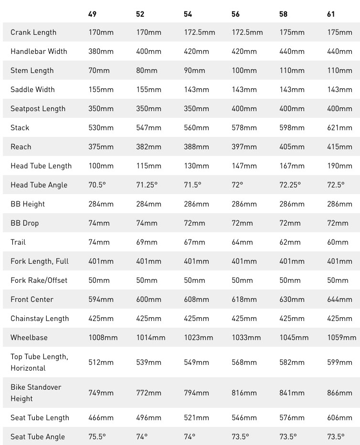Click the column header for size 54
pyautogui.click(x=188, y=14)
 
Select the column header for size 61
pyautogui.click(x=331, y=14)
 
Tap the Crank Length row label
pyautogui.click(x=33, y=32)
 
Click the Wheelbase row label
pyautogui.click(x=29, y=338)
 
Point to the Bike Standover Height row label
pyautogui.click(x=36, y=393)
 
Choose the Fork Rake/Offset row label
pyautogui.click(x=39, y=280)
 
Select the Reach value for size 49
pyautogui.click(x=101, y=147)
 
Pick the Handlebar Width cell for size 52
pyautogui.click(x=148, y=52)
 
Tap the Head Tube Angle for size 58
pyautogui.click(x=290, y=185)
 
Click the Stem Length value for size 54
pyautogui.click(x=194, y=71)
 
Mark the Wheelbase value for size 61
pyautogui.click(x=341, y=338)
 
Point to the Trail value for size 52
pyautogui.click(x=147, y=242)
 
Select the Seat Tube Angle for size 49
pyautogui.click(x=97, y=436)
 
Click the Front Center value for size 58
pyautogui.click(x=292, y=300)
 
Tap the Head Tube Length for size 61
pyautogui.click(x=339, y=166)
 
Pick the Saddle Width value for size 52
pyautogui.click(x=148, y=90)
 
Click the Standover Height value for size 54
pyautogui.click(x=196, y=393)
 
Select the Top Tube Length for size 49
pyautogui.click(x=101, y=362)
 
